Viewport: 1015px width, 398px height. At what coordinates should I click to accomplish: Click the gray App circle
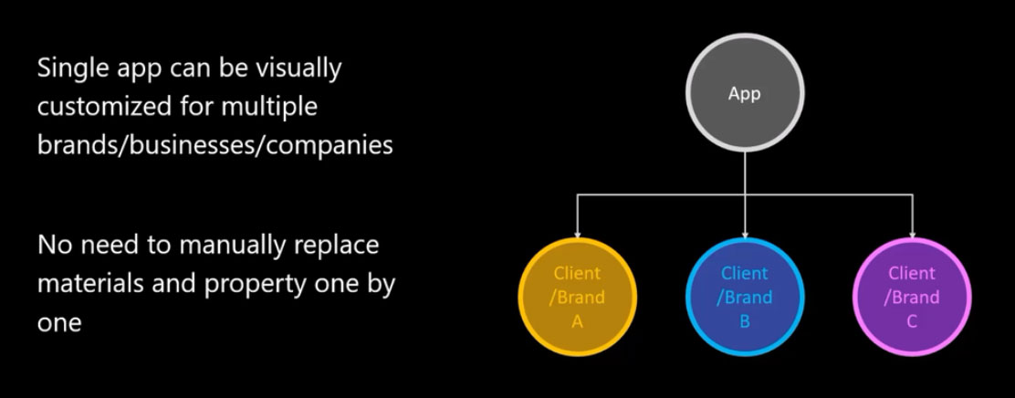click(x=745, y=95)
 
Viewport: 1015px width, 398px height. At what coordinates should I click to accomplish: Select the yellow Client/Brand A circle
click(x=577, y=297)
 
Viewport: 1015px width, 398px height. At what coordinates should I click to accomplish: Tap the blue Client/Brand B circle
click(x=745, y=297)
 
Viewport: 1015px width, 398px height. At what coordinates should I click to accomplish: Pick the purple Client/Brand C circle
click(x=912, y=297)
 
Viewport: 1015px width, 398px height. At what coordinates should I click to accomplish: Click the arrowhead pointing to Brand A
click(x=577, y=233)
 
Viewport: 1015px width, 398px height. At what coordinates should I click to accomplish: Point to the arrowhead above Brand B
click(x=745, y=233)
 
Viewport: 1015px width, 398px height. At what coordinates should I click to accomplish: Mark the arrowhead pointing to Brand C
click(x=912, y=233)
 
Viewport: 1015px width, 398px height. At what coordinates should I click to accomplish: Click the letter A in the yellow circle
click(x=577, y=321)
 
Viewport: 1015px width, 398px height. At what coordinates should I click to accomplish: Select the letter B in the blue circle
click(x=745, y=321)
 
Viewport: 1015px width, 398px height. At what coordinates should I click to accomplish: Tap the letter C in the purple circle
click(x=912, y=321)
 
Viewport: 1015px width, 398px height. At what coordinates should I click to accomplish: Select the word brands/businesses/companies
click(x=215, y=146)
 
